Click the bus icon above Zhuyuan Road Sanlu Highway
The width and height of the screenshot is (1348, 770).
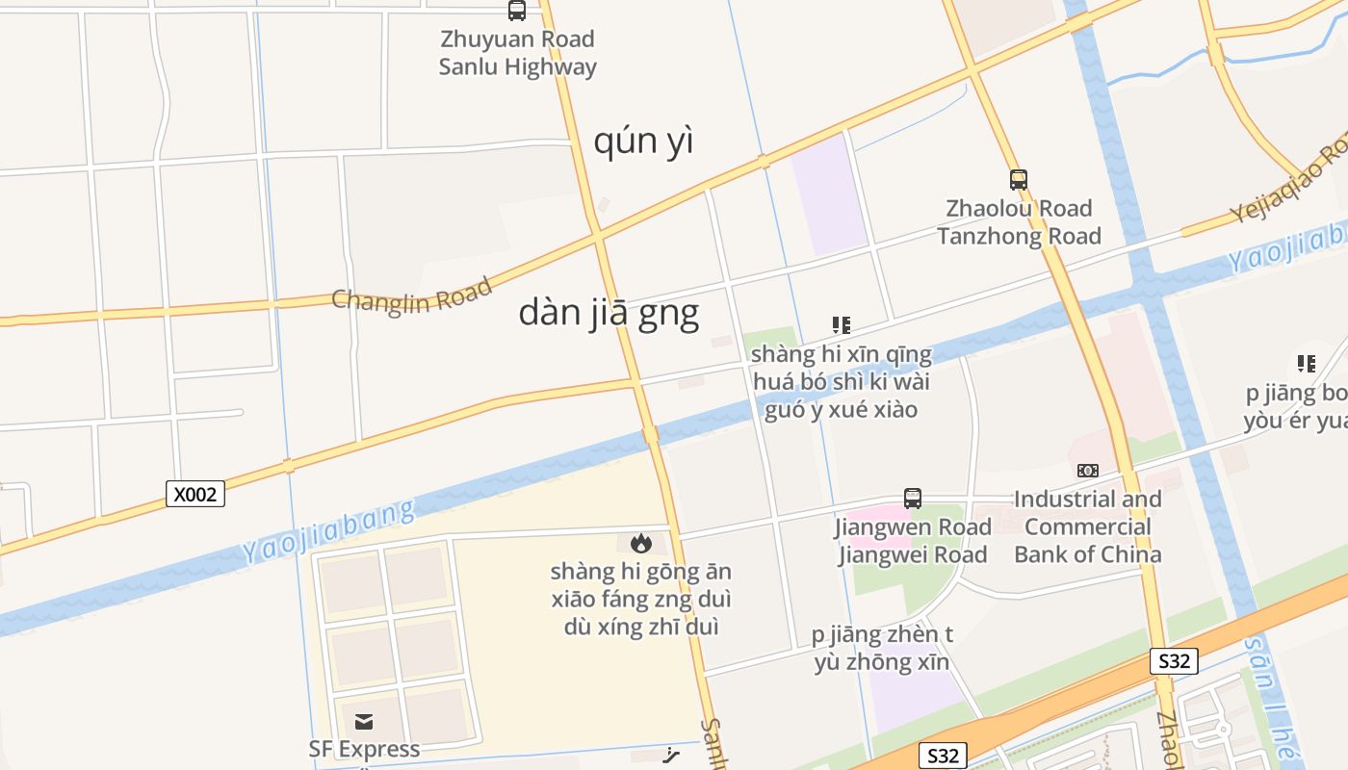[x=517, y=11]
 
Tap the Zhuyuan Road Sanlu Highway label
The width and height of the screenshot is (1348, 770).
[x=518, y=53]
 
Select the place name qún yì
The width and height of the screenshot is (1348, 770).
[x=643, y=141]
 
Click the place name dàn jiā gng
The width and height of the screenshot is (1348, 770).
[x=609, y=313]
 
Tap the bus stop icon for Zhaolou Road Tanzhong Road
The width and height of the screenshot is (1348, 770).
[x=1019, y=179]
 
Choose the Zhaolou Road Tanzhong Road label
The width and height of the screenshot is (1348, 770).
[x=1019, y=222]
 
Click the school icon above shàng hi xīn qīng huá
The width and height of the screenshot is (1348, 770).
[x=842, y=325]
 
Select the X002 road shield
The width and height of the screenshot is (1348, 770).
[x=195, y=494]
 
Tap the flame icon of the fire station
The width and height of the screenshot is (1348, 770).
[x=640, y=544]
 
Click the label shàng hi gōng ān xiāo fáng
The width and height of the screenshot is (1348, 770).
[x=640, y=599]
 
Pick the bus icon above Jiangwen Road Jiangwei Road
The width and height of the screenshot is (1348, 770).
[x=913, y=499]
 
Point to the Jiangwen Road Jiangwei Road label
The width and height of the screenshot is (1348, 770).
[x=913, y=541]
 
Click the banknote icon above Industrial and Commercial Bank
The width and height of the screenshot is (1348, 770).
[x=1088, y=471]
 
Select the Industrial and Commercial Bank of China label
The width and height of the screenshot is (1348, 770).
[x=1088, y=526]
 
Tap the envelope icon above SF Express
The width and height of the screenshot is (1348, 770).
[x=364, y=722]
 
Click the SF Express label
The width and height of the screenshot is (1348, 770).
[x=364, y=749]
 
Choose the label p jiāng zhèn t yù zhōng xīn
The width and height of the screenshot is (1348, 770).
[x=882, y=649]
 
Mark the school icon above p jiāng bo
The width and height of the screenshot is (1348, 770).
[x=1307, y=364]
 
